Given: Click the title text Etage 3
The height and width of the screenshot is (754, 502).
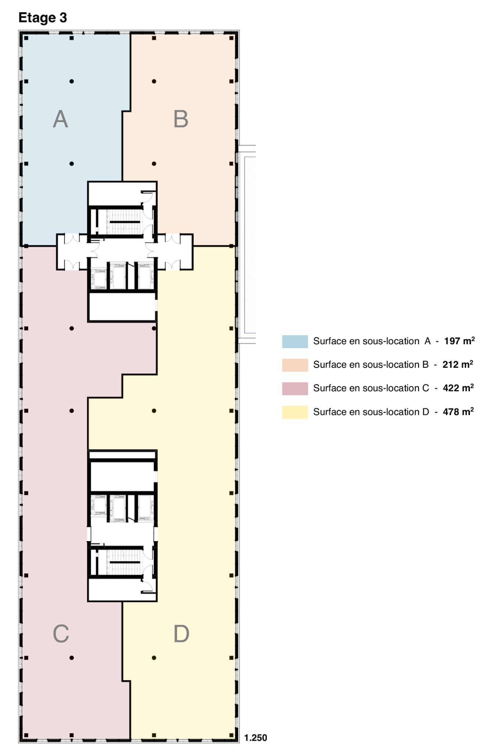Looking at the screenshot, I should point(43,18).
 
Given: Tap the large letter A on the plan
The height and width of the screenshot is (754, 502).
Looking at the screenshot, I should point(61,119).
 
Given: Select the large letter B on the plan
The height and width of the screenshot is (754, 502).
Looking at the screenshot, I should point(181,119).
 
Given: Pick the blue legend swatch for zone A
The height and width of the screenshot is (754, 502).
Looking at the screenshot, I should point(295,341).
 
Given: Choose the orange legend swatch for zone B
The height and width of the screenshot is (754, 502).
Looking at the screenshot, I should point(295,365).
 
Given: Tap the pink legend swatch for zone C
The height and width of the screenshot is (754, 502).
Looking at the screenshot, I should point(295,388).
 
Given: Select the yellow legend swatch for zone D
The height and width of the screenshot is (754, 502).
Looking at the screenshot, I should point(295,412).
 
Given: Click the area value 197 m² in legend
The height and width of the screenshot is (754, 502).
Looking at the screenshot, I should point(459,341).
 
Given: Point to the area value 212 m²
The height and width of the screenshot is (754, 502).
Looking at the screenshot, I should point(457,364).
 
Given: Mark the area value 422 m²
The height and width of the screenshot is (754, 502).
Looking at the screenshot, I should point(458,388).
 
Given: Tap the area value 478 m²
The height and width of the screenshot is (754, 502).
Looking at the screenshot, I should point(458,412).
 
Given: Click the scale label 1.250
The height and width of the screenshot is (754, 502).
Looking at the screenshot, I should point(255,737).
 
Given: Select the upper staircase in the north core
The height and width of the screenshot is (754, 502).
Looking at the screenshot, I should point(124,222).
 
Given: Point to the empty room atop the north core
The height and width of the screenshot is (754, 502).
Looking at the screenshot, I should point(114,193).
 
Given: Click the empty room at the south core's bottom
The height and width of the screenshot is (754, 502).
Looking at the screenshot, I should point(114,590).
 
